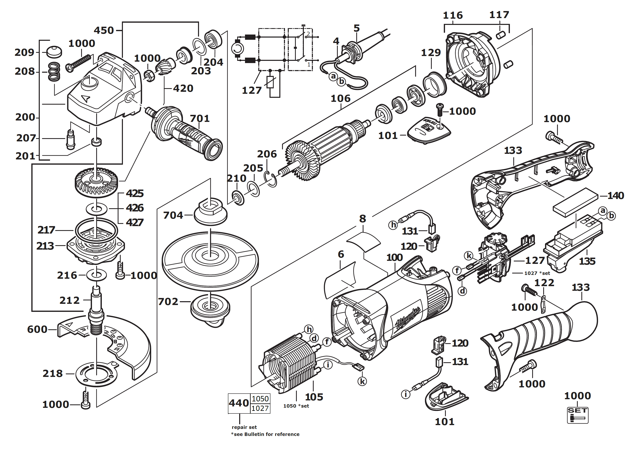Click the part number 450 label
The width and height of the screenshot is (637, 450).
pos(104,30)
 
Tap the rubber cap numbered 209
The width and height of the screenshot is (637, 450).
pos(54,52)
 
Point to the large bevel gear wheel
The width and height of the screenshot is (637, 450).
pos(96,182)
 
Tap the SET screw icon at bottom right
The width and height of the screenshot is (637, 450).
pos(577,415)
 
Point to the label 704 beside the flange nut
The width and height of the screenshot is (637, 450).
pos(173,215)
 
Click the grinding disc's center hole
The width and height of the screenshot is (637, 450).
pos(210,254)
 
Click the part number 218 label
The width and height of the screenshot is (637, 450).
pos(53,373)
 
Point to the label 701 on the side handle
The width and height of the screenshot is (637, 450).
pos(200,118)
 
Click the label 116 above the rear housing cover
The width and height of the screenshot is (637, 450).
pos(453,15)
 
